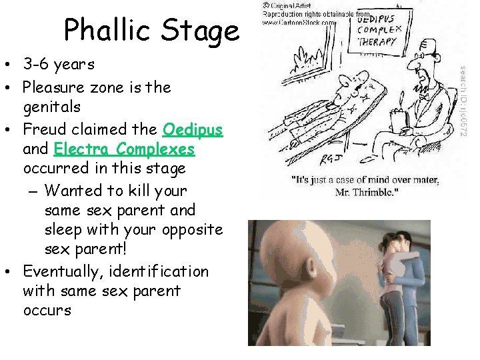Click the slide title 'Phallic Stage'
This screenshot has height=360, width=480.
[x=151, y=30]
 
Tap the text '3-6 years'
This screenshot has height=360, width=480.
[x=59, y=65]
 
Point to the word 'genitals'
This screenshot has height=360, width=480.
[x=51, y=107]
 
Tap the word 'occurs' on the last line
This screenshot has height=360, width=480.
[x=47, y=311]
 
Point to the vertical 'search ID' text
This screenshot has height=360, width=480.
[x=465, y=100]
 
